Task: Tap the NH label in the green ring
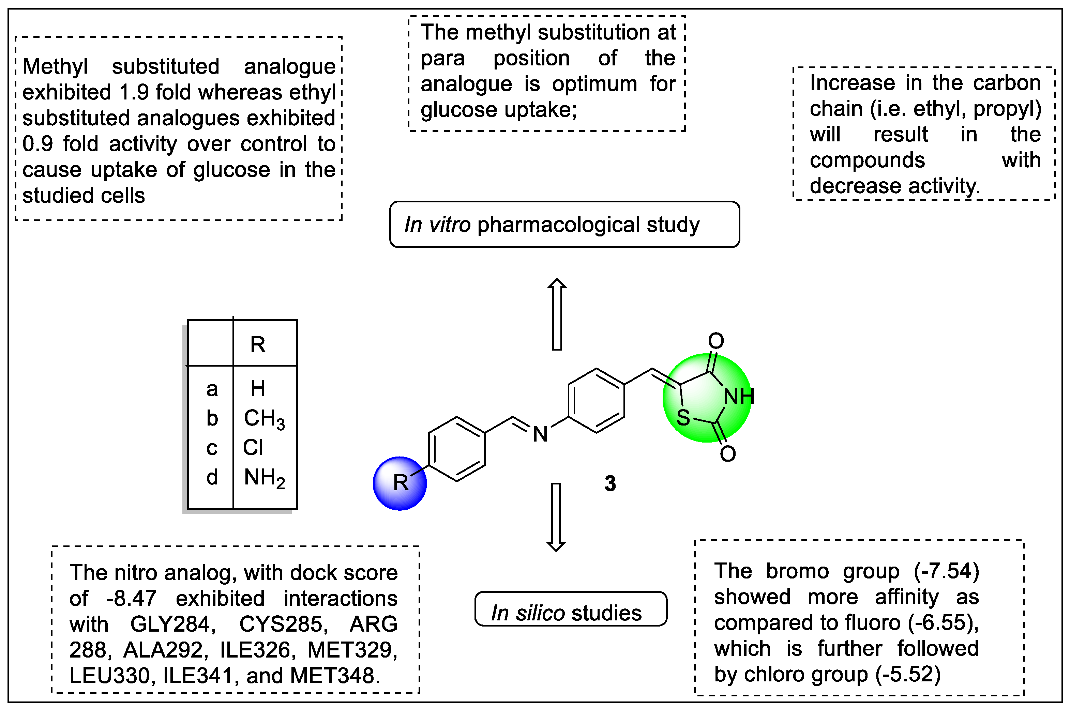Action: [738, 397]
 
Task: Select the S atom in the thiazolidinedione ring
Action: [683, 417]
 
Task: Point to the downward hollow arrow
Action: [556, 516]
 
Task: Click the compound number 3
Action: [610, 483]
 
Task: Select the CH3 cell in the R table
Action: [264, 418]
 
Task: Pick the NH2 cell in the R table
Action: [264, 478]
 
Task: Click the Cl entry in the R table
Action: [253, 448]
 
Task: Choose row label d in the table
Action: [212, 477]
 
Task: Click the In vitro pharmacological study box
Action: [564, 225]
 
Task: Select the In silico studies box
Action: [570, 609]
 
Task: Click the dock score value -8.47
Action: [131, 599]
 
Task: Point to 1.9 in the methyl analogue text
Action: [134, 92]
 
